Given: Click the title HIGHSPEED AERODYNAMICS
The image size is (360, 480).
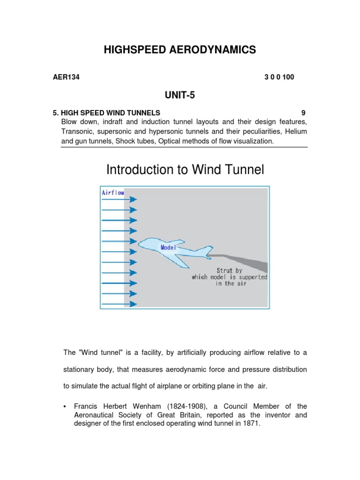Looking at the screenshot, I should point(180,50).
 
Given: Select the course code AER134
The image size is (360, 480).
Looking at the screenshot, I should point(66,77).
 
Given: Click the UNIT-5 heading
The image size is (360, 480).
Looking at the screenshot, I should point(180,96).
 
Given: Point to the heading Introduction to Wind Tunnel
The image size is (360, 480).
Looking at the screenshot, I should point(185,170).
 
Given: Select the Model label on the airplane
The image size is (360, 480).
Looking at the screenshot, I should point(168,247).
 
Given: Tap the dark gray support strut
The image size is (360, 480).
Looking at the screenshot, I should point(244,260).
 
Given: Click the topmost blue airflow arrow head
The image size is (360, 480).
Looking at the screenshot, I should point(134,199).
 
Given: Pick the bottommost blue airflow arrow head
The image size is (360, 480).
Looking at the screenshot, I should point(134,304).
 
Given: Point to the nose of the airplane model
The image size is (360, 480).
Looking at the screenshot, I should point(140,243).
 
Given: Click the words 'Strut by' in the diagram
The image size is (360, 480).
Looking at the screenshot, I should point(229,270).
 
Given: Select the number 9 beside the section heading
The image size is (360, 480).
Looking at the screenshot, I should point(303,113).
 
